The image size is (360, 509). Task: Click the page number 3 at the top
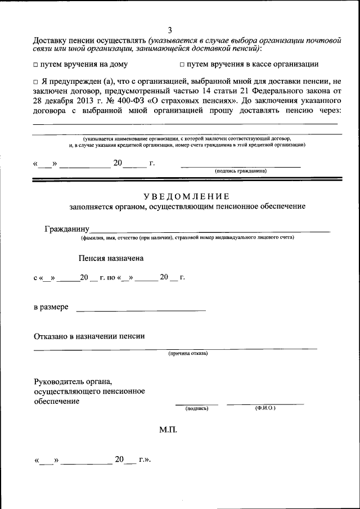click(x=169, y=30)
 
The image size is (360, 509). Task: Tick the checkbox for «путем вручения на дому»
click(x=35, y=65)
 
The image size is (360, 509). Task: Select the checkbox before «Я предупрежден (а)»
click(x=35, y=82)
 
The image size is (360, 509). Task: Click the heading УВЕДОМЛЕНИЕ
click(x=186, y=196)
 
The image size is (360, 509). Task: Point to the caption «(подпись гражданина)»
click(x=240, y=170)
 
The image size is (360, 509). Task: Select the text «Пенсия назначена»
click(x=111, y=259)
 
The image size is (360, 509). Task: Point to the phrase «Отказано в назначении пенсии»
click(x=89, y=336)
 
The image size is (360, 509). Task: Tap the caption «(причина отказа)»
click(x=188, y=354)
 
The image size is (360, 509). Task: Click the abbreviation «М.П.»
click(x=168, y=429)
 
